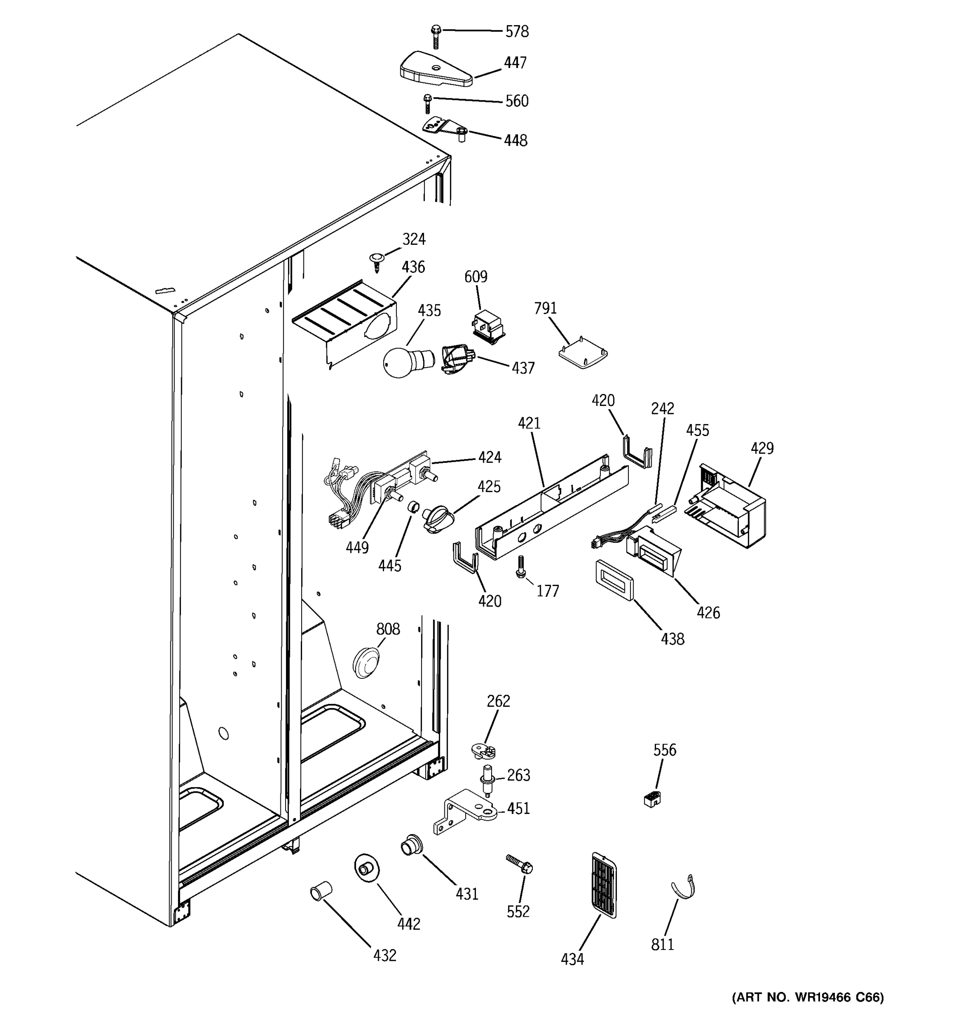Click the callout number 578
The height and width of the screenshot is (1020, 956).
(x=517, y=32)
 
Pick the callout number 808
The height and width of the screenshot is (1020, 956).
(x=388, y=629)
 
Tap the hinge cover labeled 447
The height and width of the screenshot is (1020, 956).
(x=436, y=69)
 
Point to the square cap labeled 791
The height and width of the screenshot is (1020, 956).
(x=583, y=353)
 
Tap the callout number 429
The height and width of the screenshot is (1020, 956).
(x=762, y=448)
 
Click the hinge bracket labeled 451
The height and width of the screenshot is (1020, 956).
(x=465, y=812)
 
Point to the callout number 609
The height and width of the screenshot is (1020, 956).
(x=475, y=277)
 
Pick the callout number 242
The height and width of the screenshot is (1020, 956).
(x=663, y=409)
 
